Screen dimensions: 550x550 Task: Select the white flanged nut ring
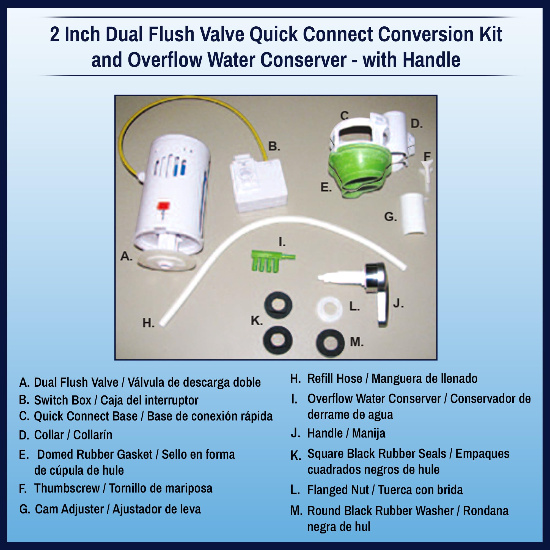tap(329, 307)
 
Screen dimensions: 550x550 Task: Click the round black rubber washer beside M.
tap(330, 343)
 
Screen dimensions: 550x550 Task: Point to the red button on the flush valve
tap(164, 205)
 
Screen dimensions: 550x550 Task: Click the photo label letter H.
tap(148, 323)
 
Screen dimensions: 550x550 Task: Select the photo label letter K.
tap(256, 321)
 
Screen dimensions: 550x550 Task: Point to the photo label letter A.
tap(126, 257)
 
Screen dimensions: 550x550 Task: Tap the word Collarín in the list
tap(92, 435)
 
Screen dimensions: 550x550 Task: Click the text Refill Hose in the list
tap(334, 379)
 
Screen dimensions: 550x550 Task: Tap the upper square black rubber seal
tap(278, 305)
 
